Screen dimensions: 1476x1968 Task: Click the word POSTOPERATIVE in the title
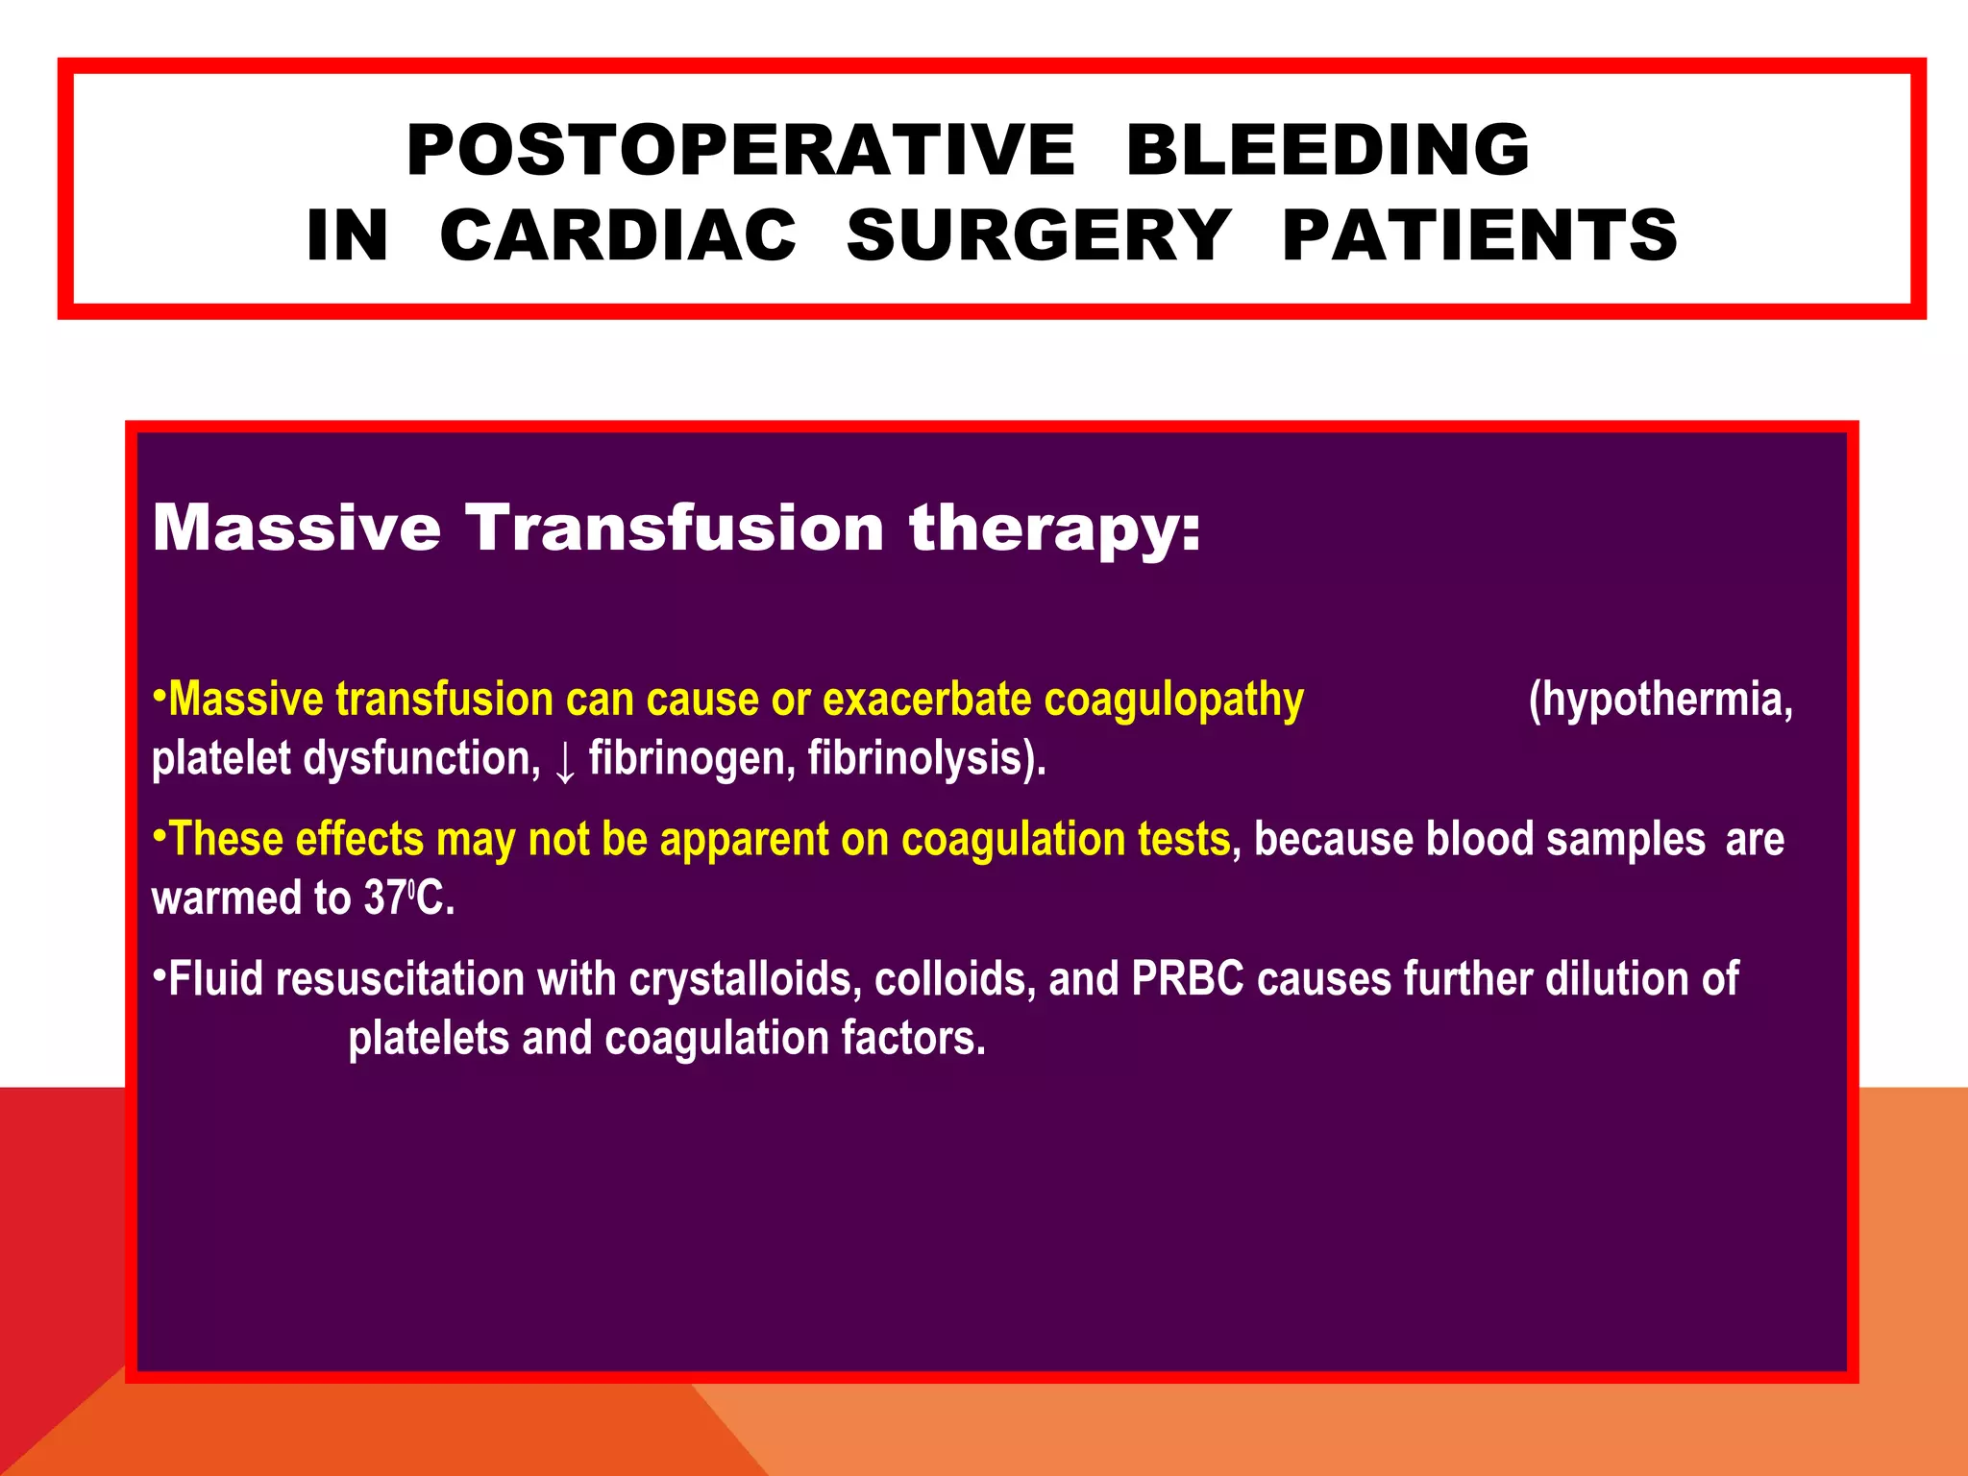point(740,151)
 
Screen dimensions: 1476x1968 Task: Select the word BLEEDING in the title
point(1327,151)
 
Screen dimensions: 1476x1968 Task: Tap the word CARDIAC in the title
point(618,236)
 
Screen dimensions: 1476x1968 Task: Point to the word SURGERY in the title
point(1038,236)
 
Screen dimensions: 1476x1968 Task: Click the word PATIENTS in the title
point(1479,236)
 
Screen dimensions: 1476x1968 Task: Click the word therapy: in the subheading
point(1055,529)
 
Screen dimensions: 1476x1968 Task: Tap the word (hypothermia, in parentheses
point(1660,699)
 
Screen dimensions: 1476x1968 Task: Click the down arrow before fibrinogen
point(565,762)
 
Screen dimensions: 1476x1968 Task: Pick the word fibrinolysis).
point(926,758)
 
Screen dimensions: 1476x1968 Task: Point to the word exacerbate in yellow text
point(926,699)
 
